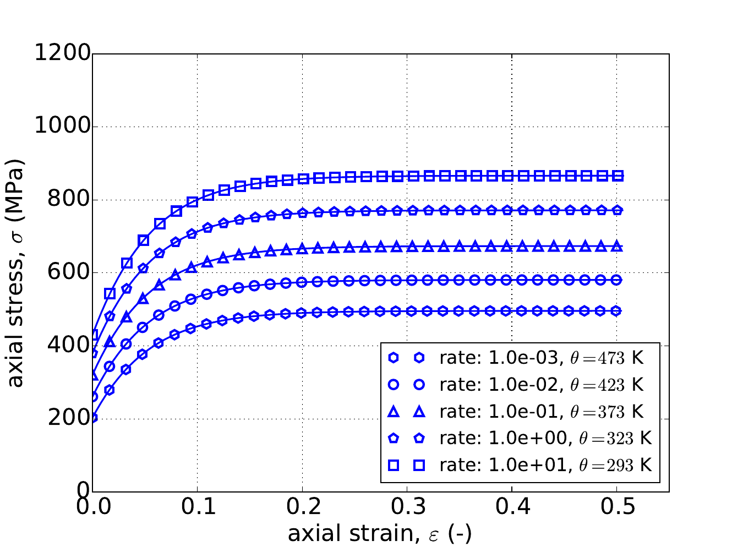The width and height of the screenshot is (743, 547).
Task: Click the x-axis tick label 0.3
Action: (407, 506)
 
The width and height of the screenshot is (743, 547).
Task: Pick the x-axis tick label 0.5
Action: (616, 506)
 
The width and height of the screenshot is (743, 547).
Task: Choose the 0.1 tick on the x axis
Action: (197, 506)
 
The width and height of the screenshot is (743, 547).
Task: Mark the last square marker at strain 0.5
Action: (617, 176)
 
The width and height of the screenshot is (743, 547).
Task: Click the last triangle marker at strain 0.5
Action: (617, 247)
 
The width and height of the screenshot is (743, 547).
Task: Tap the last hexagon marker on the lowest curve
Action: (617, 311)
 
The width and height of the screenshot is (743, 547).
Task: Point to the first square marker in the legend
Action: (394, 466)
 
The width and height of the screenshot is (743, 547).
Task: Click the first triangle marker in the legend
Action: (394, 411)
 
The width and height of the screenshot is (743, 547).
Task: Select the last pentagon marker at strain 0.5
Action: (617, 210)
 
